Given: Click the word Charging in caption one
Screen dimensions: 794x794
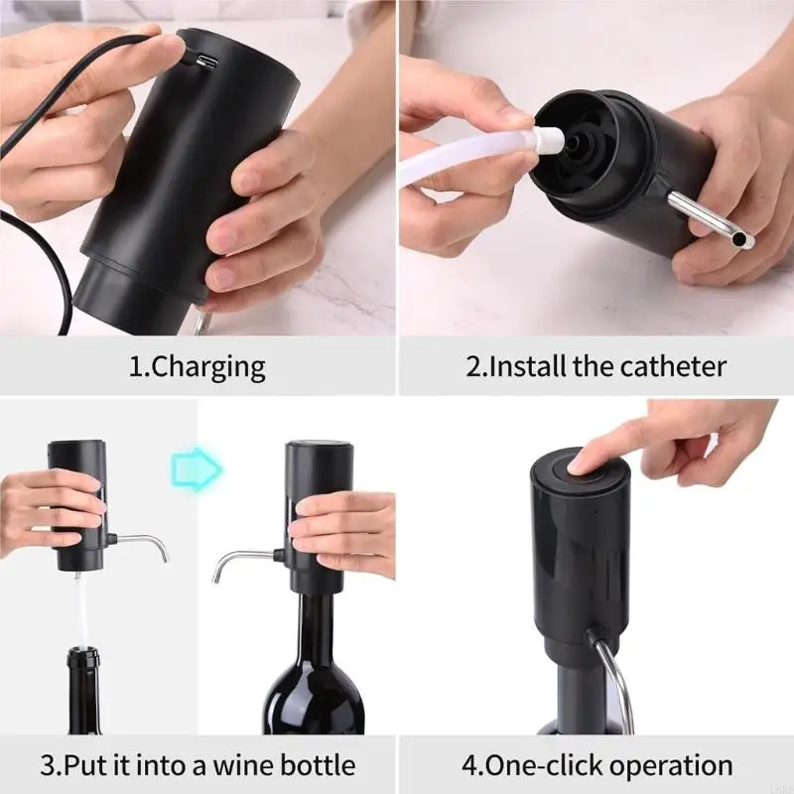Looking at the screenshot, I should [x=210, y=366].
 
